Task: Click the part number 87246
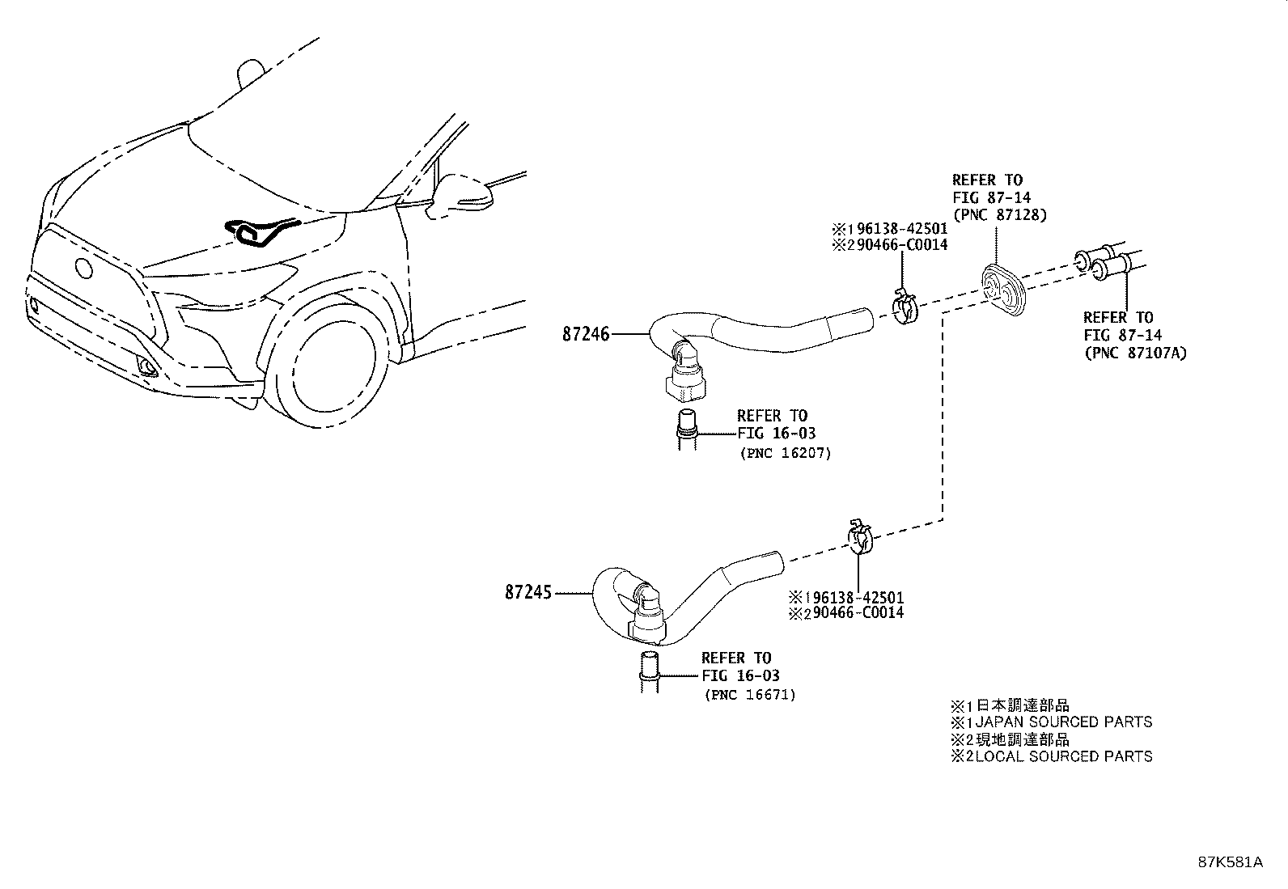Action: (x=586, y=334)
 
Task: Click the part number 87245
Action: (x=527, y=592)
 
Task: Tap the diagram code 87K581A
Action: (x=1231, y=862)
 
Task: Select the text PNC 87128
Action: (x=1000, y=215)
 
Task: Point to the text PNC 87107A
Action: (x=1136, y=353)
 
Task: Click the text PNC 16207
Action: (x=786, y=453)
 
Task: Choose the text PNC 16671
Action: (x=750, y=695)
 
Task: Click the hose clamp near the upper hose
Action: (x=905, y=306)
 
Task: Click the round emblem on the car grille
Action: (x=83, y=268)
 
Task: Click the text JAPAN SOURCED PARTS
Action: (x=1064, y=722)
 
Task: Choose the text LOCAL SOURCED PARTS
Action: (x=1064, y=756)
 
